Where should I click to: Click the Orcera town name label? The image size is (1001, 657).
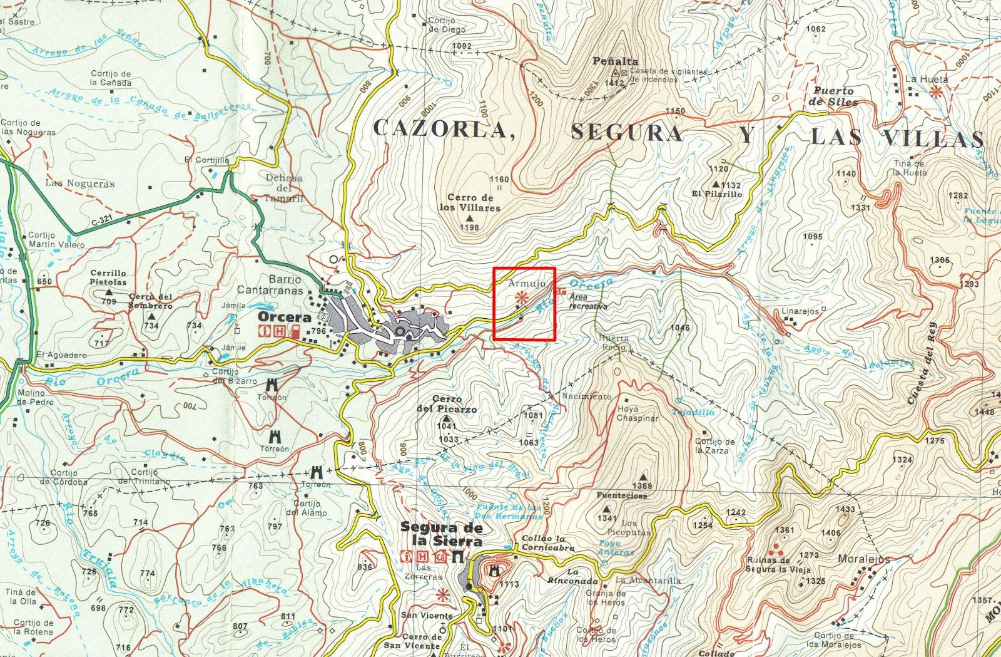click(x=281, y=317)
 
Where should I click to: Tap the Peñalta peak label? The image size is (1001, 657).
click(x=616, y=61)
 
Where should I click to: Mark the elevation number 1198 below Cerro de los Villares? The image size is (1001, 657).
click(x=469, y=227)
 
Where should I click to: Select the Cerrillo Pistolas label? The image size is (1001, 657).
click(x=108, y=277)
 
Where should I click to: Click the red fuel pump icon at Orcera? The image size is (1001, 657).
click(x=295, y=333)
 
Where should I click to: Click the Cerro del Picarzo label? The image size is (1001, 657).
click(x=447, y=405)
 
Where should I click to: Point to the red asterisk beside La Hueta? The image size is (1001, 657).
click(x=936, y=93)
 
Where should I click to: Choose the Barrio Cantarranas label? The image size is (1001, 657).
click(x=270, y=285)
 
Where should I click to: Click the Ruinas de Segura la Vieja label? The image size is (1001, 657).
click(x=778, y=565)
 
